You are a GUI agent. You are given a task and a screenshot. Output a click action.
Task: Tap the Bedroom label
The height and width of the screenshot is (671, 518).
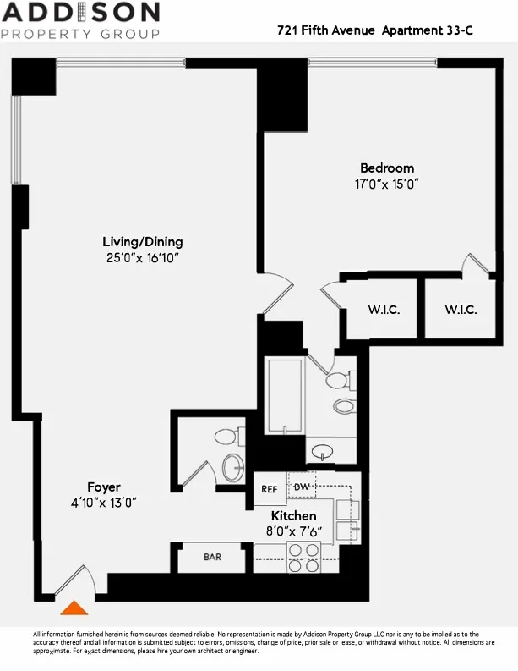click(x=387, y=168)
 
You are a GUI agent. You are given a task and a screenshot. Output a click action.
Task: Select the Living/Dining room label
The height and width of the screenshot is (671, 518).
click(x=142, y=241)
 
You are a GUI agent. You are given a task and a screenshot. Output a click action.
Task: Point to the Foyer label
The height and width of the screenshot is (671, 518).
click(x=104, y=487)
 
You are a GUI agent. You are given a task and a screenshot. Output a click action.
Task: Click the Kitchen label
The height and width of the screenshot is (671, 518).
click(x=293, y=515)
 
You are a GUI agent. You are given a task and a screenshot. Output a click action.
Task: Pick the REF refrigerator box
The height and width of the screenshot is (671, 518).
click(x=270, y=489)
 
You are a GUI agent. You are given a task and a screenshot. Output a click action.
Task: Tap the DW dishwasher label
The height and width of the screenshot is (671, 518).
click(x=302, y=487)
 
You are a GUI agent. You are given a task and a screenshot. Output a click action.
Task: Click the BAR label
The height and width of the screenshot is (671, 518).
click(x=212, y=558)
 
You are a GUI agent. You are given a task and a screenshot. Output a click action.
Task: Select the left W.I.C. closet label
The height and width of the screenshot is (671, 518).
click(x=384, y=310)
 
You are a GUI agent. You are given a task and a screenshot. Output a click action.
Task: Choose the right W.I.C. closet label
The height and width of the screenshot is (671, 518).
click(x=461, y=310)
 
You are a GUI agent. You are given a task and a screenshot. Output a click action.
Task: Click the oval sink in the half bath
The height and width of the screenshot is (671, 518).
click(x=232, y=467)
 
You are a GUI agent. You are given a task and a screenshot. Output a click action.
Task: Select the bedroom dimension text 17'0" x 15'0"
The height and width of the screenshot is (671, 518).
click(x=387, y=184)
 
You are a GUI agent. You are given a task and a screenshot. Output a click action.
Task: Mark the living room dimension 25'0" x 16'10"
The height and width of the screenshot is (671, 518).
click(x=142, y=257)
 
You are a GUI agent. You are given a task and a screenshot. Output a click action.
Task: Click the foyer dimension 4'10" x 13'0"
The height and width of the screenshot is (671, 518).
click(x=104, y=502)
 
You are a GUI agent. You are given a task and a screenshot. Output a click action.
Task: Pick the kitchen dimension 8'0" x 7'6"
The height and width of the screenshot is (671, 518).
click(x=293, y=531)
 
